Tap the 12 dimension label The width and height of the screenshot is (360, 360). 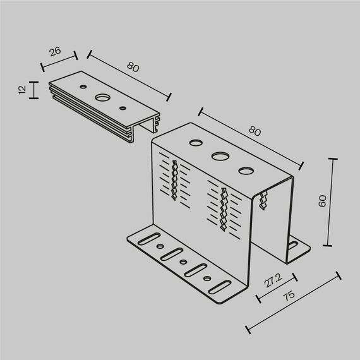(23, 90)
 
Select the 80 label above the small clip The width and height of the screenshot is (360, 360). (133, 67)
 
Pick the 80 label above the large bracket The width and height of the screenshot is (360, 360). (255, 131)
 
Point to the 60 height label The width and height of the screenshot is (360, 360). (321, 201)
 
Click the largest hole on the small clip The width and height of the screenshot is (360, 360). (101, 98)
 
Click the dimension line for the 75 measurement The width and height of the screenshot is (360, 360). (293, 303)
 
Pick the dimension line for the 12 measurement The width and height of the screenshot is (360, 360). (32, 90)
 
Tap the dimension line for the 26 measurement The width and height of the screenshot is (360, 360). (58, 61)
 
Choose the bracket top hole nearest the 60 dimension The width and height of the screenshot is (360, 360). (245, 169)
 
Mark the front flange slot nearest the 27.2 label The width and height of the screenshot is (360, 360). (218, 286)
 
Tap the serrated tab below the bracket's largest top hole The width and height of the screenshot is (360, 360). (223, 208)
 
